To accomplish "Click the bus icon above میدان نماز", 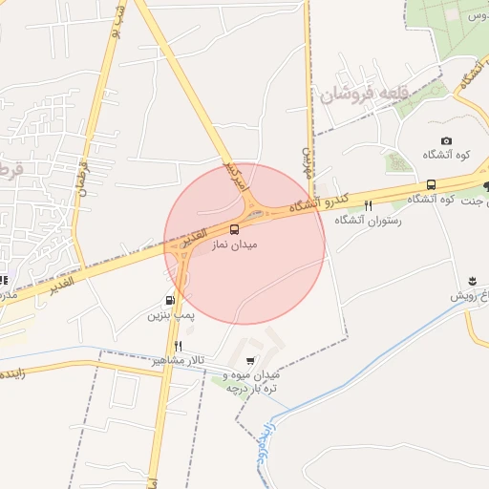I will click(x=235, y=228).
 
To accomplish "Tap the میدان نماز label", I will click(x=235, y=244).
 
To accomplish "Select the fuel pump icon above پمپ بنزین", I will click(x=171, y=297).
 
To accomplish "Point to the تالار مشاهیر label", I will click(x=178, y=362).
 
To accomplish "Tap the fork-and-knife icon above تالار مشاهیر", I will click(x=178, y=345).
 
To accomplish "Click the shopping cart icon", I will click(x=250, y=360).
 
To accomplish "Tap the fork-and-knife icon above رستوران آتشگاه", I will click(x=369, y=205).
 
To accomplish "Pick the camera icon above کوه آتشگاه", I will click(x=446, y=141).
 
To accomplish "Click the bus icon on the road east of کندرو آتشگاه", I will click(x=431, y=184).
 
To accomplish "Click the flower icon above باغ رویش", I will click(x=471, y=281).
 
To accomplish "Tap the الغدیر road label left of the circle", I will click(x=60, y=284).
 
